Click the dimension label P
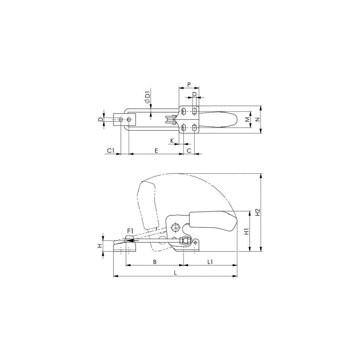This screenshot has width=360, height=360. pos(189,85)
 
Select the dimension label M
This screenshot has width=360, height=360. pos(247,120)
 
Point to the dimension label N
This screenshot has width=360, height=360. pos(258,120)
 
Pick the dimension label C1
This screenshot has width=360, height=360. pos(111,151)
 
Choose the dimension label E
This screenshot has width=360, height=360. pos(156,151)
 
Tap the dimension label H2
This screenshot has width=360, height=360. pos(258,212)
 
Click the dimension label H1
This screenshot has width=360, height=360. pos(247,232)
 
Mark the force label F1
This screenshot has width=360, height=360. pos(130,231)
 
